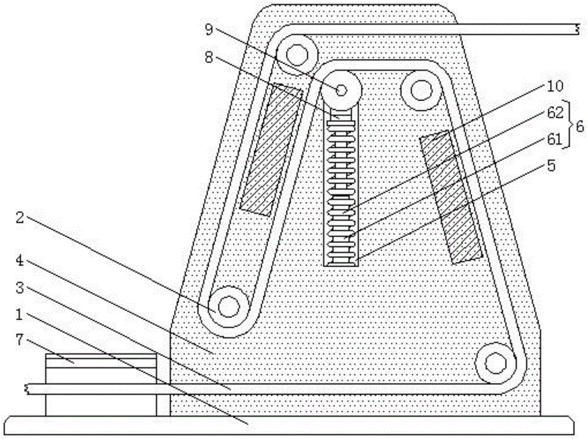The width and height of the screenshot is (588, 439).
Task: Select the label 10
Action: click(555, 87)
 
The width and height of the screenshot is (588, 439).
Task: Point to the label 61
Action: click(555, 139)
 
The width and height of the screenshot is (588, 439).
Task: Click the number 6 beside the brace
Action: click(580, 125)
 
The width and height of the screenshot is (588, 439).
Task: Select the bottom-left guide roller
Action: click(228, 306)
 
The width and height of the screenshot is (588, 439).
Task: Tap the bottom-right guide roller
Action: click(496, 362)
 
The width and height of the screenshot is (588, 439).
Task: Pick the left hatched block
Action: click(271, 149)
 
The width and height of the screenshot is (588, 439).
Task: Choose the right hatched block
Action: click(451, 197)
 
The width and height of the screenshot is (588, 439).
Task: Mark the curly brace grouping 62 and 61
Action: click(569, 125)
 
